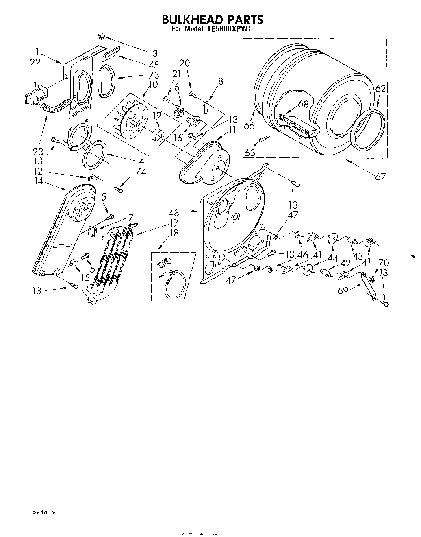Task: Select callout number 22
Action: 35,62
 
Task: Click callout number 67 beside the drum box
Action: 380,176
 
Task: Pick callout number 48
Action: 174,212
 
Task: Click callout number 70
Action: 383,263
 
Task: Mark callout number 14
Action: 39,181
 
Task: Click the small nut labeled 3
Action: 102,37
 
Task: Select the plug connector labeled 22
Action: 35,98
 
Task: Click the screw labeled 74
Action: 119,189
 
